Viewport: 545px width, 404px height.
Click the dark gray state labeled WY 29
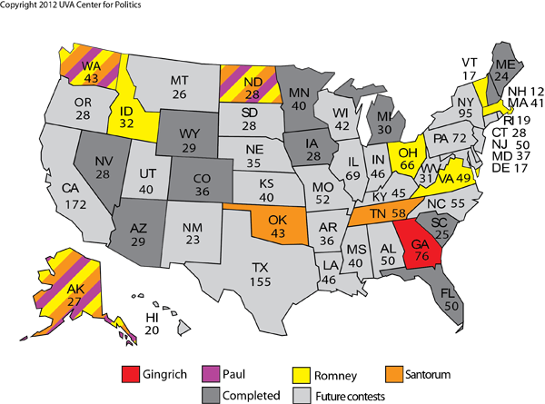tap(188, 141)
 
